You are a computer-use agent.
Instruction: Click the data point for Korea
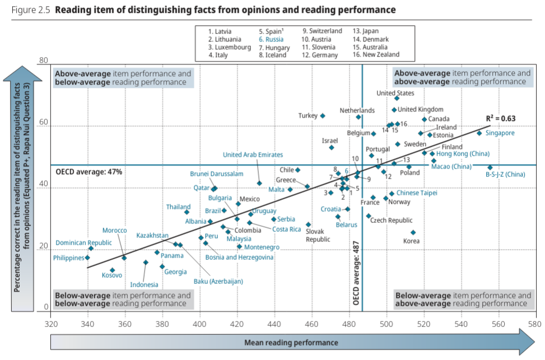coord(413,232)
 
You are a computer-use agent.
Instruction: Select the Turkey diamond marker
coord(323,116)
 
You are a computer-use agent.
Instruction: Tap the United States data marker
coord(397,99)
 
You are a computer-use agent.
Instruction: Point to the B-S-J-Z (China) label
coord(505,175)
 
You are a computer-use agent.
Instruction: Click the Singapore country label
coord(500,133)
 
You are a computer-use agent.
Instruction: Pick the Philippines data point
coord(87,258)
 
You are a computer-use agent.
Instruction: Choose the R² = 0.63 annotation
coord(501,119)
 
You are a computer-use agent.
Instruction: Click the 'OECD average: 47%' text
coord(88,172)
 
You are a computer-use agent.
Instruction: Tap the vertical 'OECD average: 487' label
coord(356,273)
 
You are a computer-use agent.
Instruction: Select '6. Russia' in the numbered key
coord(271,40)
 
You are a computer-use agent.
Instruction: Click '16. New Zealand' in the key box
coord(376,54)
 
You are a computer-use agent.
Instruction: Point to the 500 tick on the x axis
coord(386,324)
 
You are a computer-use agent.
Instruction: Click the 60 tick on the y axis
coord(44,122)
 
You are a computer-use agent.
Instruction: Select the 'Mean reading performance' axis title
coord(291,343)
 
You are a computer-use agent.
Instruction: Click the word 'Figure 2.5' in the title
coord(31,10)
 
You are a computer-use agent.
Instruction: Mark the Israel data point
coord(332,148)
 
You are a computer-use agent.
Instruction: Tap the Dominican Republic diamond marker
coord(91,249)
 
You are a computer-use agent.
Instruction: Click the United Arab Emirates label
coord(253,155)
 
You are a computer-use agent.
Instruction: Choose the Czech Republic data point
coord(369,216)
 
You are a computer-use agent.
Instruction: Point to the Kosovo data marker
coord(112,270)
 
